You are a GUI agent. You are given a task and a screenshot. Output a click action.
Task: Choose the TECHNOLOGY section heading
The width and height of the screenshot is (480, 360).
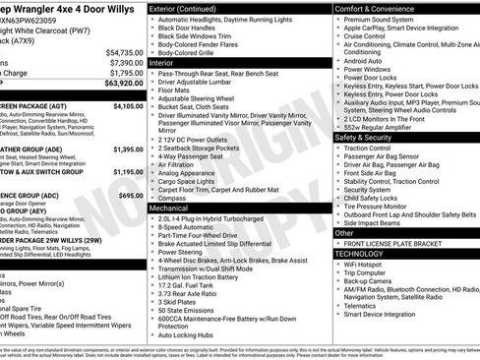(x=365, y=254)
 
